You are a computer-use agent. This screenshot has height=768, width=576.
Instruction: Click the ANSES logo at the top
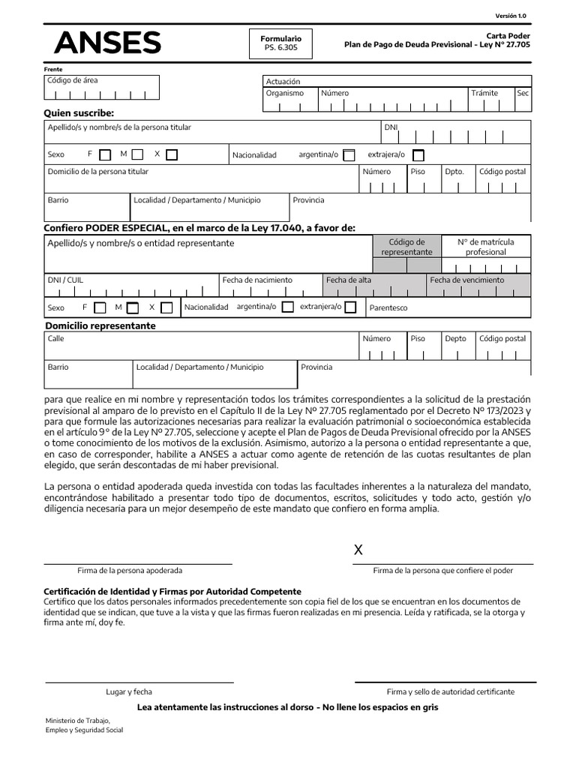pyautogui.click(x=107, y=43)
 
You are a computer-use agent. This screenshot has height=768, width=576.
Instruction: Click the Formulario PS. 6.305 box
pyautogui.click(x=280, y=43)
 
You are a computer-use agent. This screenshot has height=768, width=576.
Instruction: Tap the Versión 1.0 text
pyautogui.click(x=511, y=16)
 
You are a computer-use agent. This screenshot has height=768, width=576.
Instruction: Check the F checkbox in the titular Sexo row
pyautogui.click(x=105, y=155)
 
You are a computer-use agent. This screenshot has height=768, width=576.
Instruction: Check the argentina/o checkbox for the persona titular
pyautogui.click(x=349, y=155)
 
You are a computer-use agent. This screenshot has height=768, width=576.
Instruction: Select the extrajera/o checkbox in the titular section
pyautogui.click(x=418, y=155)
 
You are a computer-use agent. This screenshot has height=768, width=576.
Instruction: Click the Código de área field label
pyautogui.click(x=73, y=80)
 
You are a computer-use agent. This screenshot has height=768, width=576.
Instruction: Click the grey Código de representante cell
pyautogui.click(x=407, y=247)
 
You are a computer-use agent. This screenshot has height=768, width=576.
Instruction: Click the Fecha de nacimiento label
pyautogui.click(x=257, y=280)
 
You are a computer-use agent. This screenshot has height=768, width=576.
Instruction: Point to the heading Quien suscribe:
pyautogui.click(x=79, y=113)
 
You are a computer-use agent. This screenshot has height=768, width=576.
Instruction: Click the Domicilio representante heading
pyautogui.click(x=100, y=326)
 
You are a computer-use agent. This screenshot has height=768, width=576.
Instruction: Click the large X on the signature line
pyautogui.click(x=358, y=550)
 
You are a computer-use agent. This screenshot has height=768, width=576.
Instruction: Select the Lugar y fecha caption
pyautogui.click(x=129, y=691)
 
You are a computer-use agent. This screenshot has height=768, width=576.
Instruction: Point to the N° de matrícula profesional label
pyautogui.click(x=486, y=247)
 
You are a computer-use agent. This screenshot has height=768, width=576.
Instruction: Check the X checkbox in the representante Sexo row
pyautogui.click(x=166, y=307)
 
